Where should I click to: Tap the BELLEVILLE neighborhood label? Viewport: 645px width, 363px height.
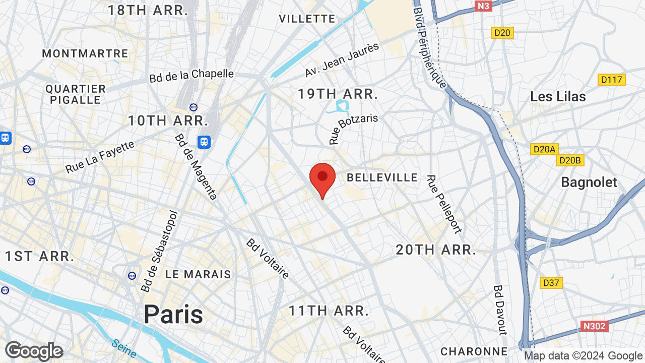pyautogui.click(x=382, y=177)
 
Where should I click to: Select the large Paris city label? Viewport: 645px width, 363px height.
pyautogui.click(x=173, y=314)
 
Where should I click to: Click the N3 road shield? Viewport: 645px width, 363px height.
pyautogui.click(x=483, y=6)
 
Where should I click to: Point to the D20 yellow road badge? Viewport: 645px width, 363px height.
pyautogui.click(x=502, y=33)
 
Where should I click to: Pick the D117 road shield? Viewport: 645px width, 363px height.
pyautogui.click(x=612, y=80)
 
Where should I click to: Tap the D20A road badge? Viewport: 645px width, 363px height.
pyautogui.click(x=544, y=149)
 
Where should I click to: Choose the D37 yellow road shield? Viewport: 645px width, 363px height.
pyautogui.click(x=551, y=283)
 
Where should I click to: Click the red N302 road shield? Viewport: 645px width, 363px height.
pyautogui.click(x=594, y=326)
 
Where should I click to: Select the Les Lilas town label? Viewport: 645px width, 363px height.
pyautogui.click(x=558, y=97)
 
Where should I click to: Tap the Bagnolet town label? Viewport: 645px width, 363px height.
pyautogui.click(x=589, y=182)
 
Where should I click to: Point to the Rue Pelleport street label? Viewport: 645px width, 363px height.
pyautogui.click(x=443, y=204)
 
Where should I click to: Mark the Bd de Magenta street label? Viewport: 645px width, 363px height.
pyautogui.click(x=196, y=166)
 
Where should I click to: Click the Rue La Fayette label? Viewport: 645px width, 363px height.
pyautogui.click(x=100, y=157)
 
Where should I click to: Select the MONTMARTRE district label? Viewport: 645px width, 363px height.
pyautogui.click(x=85, y=53)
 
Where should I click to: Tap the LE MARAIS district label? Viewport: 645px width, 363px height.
pyautogui.click(x=198, y=274)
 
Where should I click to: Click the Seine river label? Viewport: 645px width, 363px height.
pyautogui.click(x=124, y=348)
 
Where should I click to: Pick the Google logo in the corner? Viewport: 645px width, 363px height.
pyautogui.click(x=34, y=351)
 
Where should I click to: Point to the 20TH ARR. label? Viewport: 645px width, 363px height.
pyautogui.click(x=436, y=250)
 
